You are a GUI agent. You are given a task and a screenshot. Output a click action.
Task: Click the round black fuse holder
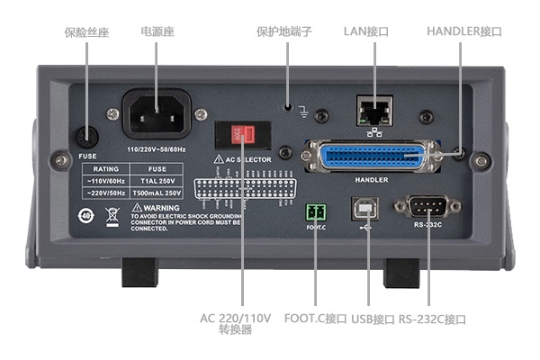pos(86,136)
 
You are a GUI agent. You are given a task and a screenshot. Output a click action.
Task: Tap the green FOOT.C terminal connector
pos(316,213)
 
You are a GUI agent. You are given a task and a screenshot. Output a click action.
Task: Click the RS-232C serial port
pos(427,206)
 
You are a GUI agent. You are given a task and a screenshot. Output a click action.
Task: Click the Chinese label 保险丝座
pos(87,31)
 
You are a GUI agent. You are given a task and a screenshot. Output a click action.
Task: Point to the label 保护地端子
pos(284,31)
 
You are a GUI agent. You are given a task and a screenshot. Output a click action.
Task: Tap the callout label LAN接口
pos(367,31)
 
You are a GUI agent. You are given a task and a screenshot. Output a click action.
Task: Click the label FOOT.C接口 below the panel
pos(315,319)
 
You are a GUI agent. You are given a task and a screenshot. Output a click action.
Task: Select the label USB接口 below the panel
pos(373,319)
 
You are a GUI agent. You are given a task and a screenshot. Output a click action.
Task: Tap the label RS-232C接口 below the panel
pos(433,319)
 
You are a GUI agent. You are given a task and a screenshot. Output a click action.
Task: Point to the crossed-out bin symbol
pos(112,215)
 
